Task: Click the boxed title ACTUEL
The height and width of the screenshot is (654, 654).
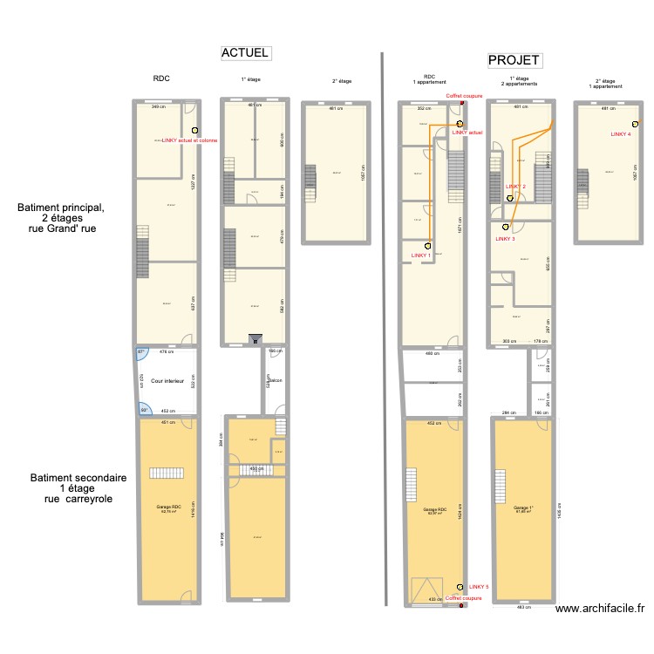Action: pyautogui.click(x=245, y=53)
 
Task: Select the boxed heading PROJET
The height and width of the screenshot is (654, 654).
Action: pyautogui.click(x=514, y=60)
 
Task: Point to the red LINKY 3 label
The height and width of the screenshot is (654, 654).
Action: pyautogui.click(x=505, y=238)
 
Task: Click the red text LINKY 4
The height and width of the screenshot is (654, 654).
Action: pyautogui.click(x=621, y=134)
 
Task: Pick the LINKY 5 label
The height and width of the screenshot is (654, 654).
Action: pyautogui.click(x=480, y=587)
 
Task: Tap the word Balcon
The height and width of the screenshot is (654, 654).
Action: pyautogui.click(x=275, y=380)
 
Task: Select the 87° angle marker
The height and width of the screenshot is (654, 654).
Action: pyautogui.click(x=141, y=352)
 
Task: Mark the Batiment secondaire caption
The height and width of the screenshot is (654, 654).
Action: pyautogui.click(x=78, y=478)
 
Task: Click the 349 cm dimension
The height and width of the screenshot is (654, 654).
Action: pyautogui.click(x=159, y=106)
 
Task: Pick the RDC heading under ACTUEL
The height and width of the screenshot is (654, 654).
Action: pyautogui.click(x=161, y=78)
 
